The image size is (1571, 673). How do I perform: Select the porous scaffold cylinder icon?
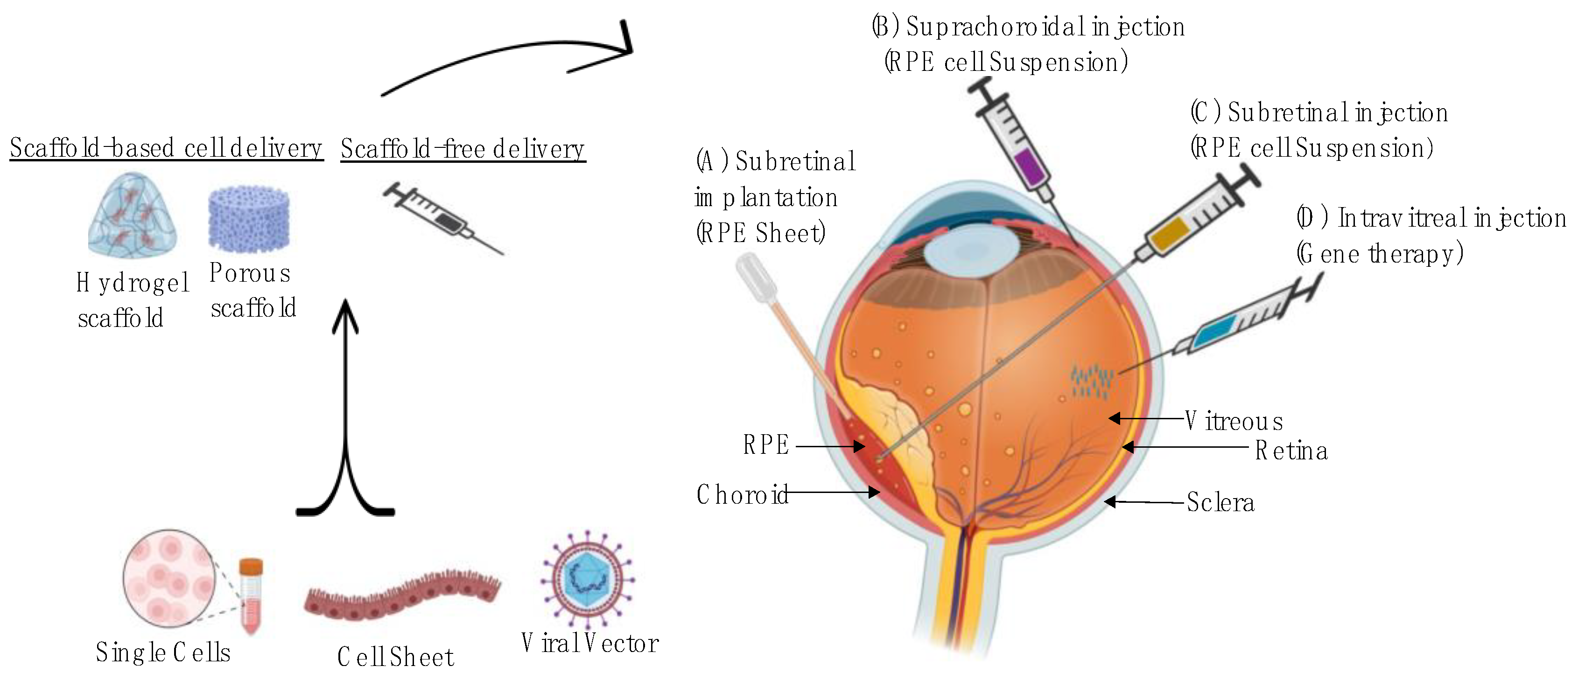(249, 218)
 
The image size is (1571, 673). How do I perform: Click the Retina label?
(1291, 451)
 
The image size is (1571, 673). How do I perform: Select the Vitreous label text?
(1234, 421)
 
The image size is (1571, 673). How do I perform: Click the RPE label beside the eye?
(766, 445)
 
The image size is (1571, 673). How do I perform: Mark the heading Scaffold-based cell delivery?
(166, 148)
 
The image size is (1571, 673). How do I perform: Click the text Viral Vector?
(590, 644)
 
